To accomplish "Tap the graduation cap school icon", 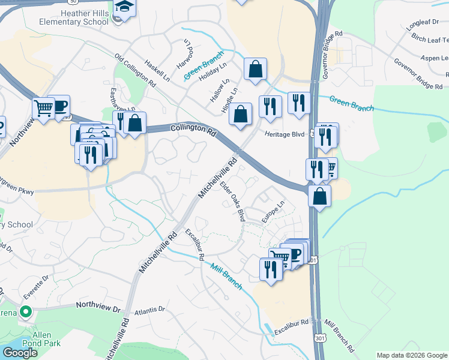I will click(x=125, y=7).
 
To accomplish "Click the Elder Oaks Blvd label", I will click(x=233, y=202).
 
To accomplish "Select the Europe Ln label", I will click(x=272, y=213).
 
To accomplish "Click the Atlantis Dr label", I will click(x=149, y=310).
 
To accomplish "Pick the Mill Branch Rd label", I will click(x=339, y=339).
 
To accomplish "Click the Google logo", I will click(x=20, y=353).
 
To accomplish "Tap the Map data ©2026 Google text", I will click(x=411, y=355).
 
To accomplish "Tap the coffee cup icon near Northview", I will click(x=61, y=106).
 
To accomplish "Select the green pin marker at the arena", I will click(x=25, y=311).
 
